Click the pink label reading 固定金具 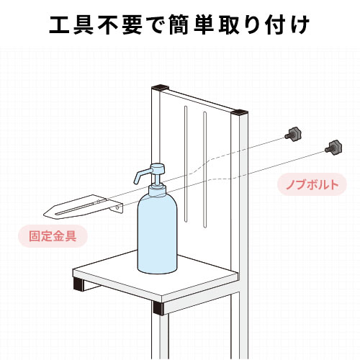coord(53,235)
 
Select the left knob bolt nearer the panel coord(294,132)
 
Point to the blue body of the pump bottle coord(156,234)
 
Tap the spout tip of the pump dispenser coord(135,177)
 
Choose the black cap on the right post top coord(240,113)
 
